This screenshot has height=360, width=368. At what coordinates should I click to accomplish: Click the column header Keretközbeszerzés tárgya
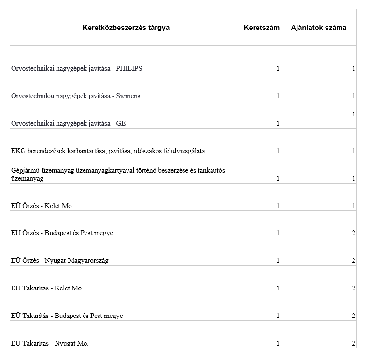126,28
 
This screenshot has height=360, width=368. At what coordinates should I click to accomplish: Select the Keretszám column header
261,28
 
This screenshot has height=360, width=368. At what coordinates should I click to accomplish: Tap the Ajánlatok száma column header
318,28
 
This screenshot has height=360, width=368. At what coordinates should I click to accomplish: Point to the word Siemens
128,96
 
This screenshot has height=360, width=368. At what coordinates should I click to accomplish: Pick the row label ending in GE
68,124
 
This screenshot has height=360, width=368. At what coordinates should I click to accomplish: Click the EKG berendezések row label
108,151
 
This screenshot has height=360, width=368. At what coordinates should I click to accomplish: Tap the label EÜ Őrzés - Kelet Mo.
42,206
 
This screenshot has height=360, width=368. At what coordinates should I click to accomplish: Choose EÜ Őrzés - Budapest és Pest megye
62,233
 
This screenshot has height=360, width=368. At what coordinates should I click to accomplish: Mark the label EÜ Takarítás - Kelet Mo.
47,288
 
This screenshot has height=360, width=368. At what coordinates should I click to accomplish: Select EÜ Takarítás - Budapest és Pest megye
67,316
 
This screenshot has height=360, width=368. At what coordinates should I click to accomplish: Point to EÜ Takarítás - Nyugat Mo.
50,344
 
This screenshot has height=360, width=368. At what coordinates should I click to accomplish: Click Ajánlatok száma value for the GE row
354,115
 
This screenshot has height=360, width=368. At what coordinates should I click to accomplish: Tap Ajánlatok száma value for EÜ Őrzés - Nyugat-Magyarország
354,261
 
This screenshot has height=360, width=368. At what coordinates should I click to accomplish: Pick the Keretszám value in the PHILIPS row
278,69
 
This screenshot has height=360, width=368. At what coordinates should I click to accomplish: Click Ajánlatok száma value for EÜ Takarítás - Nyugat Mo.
354,344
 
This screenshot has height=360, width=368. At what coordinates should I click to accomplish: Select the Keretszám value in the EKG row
278,151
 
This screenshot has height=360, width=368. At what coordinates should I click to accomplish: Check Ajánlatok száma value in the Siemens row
354,96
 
